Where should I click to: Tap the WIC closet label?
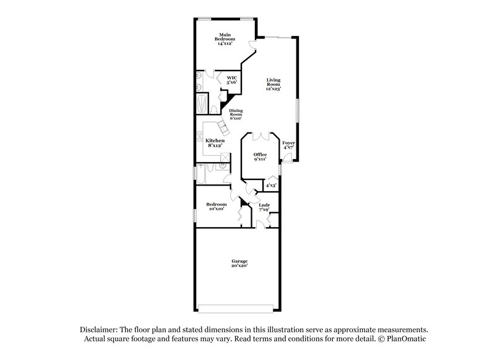coord(232,80)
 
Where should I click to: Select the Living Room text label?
coord(274,84)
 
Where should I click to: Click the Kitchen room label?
coord(215,143)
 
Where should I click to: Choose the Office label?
coord(260,156)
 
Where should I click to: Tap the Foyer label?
coord(289,145)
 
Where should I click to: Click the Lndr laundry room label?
coord(264,207)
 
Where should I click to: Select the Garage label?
coord(239,263)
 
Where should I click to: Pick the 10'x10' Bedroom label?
coord(216,207)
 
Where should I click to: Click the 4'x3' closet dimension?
coord(270,185)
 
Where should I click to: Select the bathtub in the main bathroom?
coord(202,103)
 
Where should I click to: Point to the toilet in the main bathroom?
coord(213,109)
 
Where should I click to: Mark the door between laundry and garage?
coord(260,226)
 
